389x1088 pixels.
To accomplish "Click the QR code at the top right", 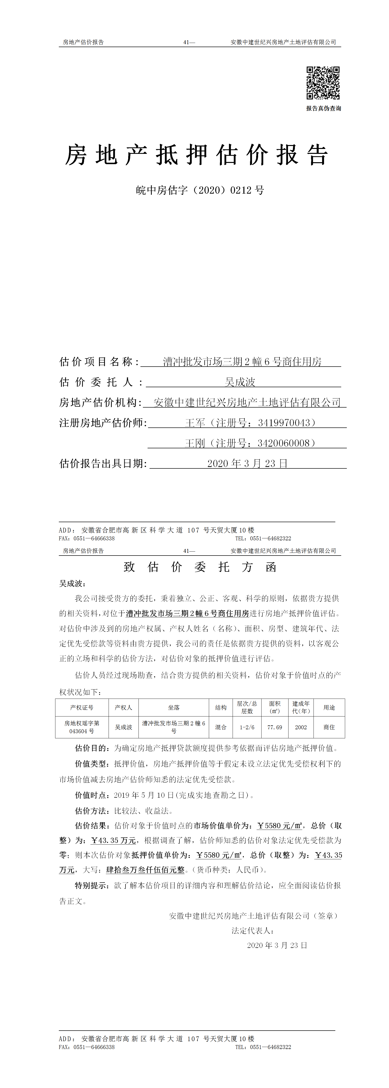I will pyautogui.click(x=323, y=82).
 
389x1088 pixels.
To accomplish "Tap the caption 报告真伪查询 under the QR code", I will pyautogui.click(x=323, y=108).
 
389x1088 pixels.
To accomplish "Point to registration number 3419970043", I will pyautogui.click(x=284, y=423).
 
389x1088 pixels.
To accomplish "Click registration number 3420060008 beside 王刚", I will pyautogui.click(x=284, y=443).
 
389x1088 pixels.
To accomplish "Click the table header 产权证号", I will pyautogui.click(x=82, y=707).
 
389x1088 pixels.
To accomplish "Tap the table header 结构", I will pyautogui.click(x=221, y=707).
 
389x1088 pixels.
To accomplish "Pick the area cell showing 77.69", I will pyautogui.click(x=275, y=727).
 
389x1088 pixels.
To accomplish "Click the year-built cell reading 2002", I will pyautogui.click(x=301, y=727).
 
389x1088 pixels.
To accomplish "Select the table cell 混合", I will pyautogui.click(x=221, y=727).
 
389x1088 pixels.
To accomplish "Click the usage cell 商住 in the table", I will pyautogui.click(x=329, y=727).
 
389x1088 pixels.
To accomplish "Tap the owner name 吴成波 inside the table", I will pyautogui.click(x=124, y=727).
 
